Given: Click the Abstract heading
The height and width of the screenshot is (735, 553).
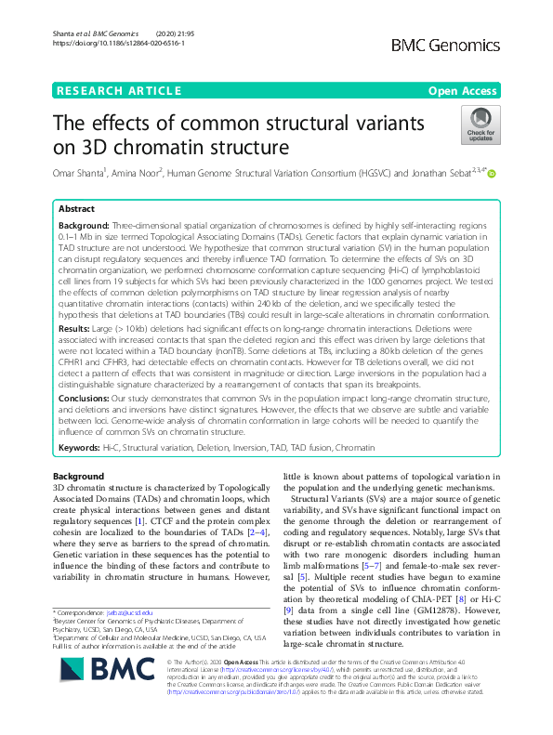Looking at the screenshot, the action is (x=77, y=210).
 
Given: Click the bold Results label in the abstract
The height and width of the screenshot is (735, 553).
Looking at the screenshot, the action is (x=73, y=328).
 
